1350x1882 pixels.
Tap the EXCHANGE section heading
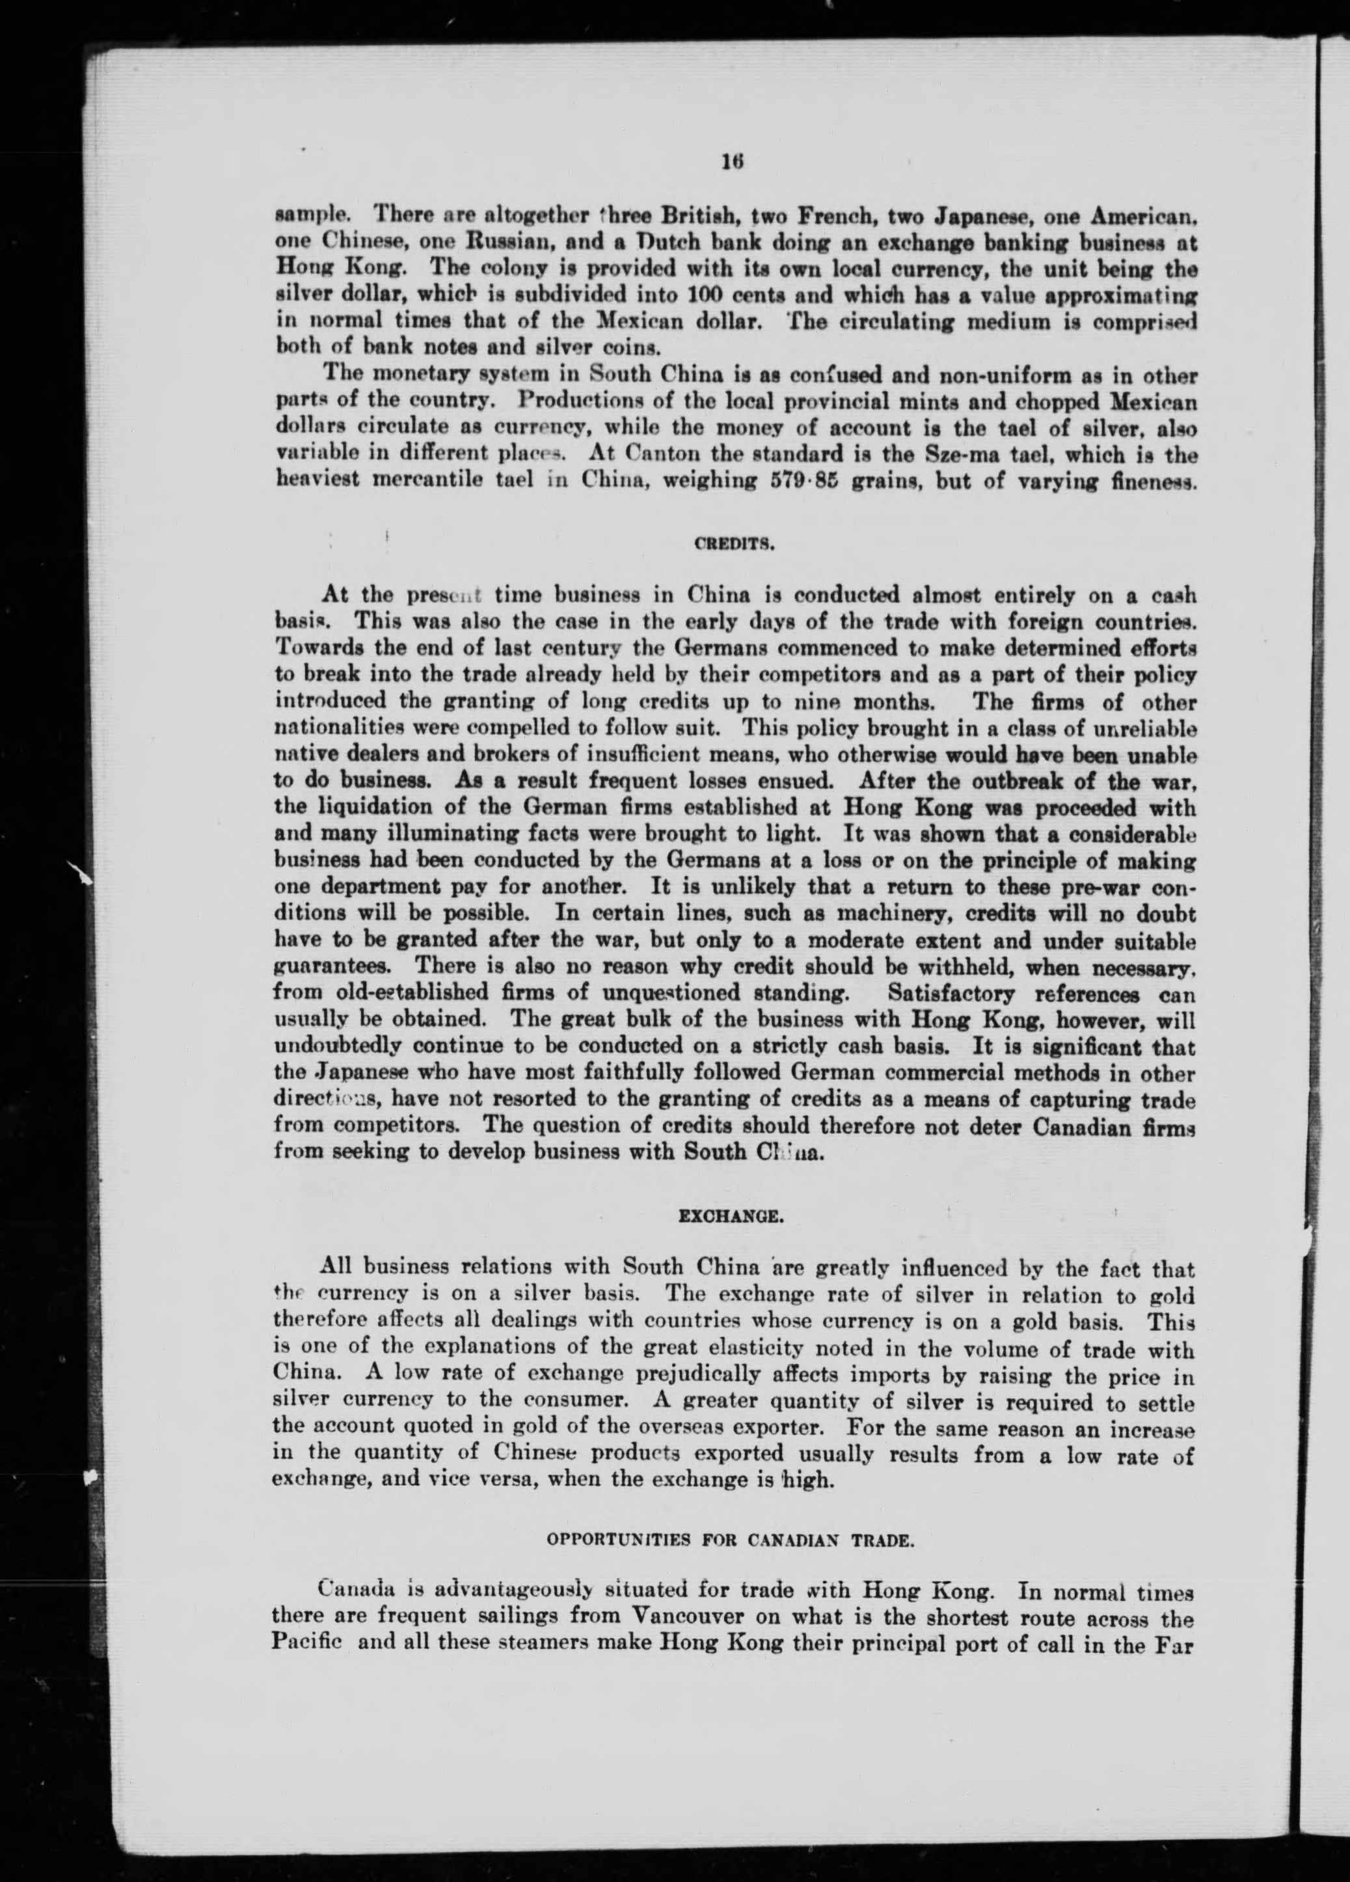click(729, 1217)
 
